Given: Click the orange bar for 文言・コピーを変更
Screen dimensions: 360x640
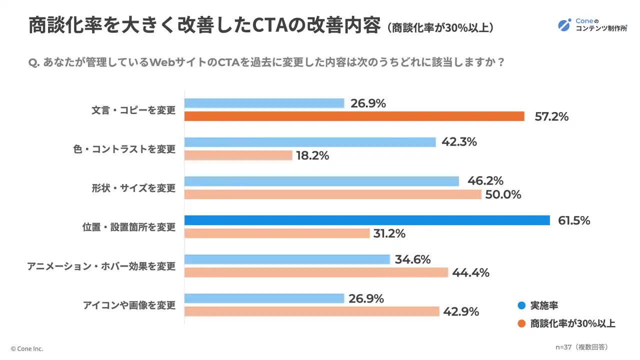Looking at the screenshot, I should point(354,116).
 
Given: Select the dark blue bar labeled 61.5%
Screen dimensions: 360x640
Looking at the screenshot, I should point(367,220).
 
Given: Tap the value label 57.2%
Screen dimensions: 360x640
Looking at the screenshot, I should point(551,117).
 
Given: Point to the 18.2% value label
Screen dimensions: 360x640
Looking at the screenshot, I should point(312,155).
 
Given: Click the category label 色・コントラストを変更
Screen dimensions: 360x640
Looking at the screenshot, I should point(124,149).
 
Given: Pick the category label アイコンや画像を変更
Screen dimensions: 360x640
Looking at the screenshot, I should point(129,305).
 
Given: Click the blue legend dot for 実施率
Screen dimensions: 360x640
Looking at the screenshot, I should point(521,306).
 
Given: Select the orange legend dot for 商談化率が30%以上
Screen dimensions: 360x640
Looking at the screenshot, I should point(521,323).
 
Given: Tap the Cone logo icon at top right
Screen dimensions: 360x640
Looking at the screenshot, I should point(564,24).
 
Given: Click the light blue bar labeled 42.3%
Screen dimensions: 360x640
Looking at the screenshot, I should point(310,142).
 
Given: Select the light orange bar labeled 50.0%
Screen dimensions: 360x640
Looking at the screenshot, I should point(332,194).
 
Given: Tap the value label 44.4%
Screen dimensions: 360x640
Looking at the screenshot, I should point(470,273).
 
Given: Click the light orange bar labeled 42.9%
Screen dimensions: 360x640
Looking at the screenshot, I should point(311,311).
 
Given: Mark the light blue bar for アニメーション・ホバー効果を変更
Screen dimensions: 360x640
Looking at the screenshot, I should point(287,259).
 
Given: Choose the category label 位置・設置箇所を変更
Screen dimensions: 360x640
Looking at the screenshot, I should point(129,227).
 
